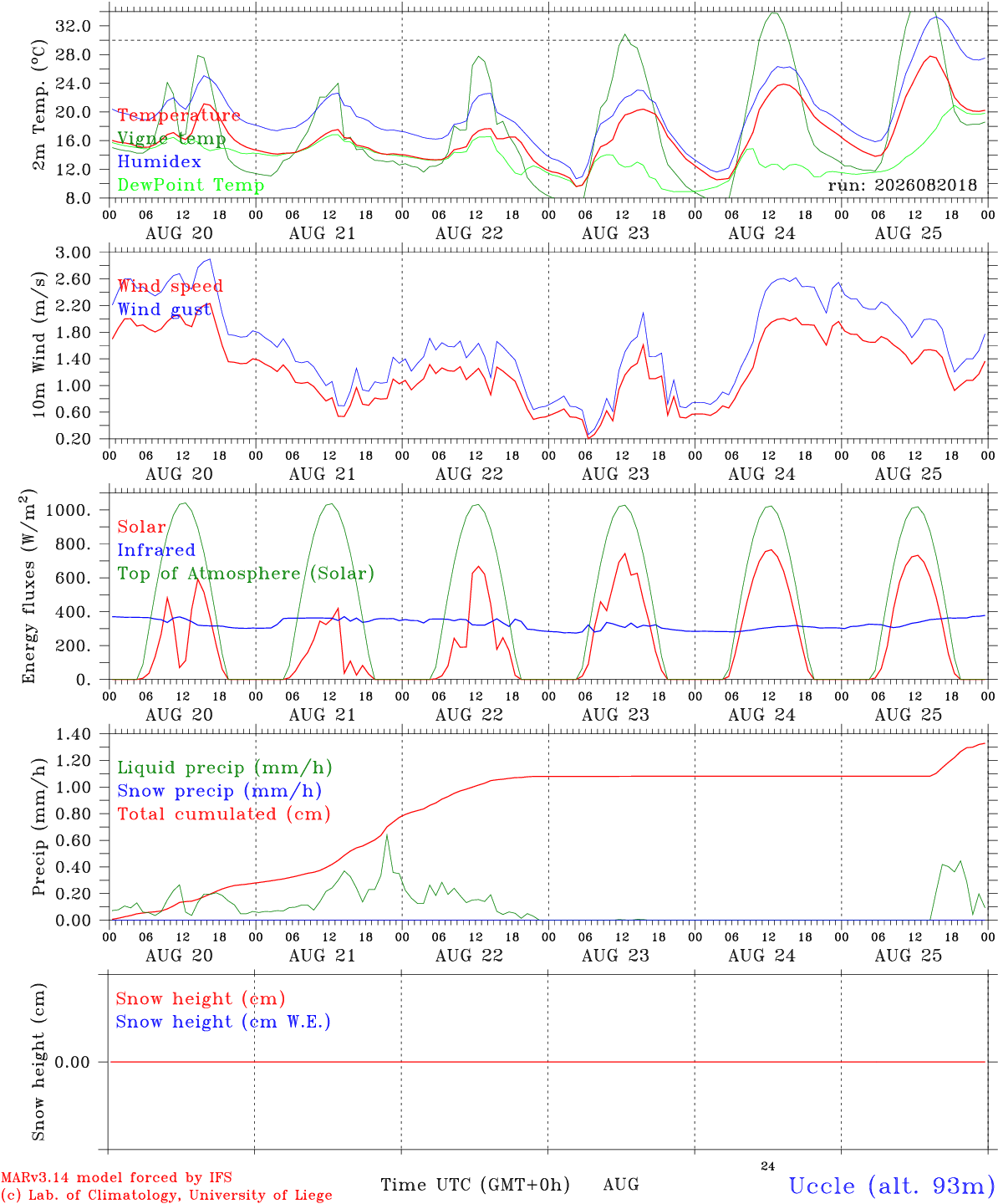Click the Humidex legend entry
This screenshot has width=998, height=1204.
click(159, 161)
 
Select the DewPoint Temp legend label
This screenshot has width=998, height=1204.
click(191, 185)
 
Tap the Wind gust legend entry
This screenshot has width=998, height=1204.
click(165, 309)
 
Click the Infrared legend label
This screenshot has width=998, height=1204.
click(156, 550)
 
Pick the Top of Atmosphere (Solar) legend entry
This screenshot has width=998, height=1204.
click(247, 574)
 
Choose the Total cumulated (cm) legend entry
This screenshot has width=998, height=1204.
click(224, 814)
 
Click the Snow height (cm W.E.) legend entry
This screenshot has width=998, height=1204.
click(223, 1022)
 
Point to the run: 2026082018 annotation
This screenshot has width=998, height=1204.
click(902, 185)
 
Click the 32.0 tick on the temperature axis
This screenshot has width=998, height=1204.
click(74, 26)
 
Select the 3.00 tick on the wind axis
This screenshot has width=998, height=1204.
click(74, 253)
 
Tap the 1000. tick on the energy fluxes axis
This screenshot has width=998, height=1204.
click(69, 510)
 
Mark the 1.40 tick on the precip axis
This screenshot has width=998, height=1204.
click(74, 734)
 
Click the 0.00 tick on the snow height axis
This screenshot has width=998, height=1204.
click(72, 1062)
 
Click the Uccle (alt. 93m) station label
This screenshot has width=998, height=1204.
click(888, 1186)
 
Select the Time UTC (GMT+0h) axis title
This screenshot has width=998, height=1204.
click(475, 1185)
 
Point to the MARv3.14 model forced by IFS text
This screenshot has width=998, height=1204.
click(116, 1177)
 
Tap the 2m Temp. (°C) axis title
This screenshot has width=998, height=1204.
click(38, 105)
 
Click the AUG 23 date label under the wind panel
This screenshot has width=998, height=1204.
click(615, 474)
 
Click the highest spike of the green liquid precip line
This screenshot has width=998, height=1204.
click(387, 835)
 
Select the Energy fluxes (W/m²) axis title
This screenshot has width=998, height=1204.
click(28, 586)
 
